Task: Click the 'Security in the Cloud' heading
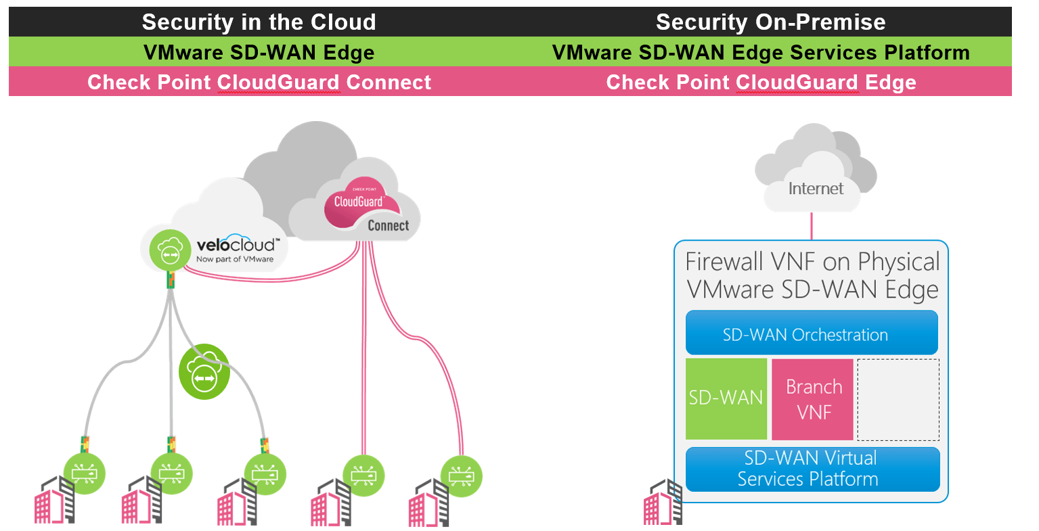(259, 22)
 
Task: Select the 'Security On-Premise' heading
(770, 22)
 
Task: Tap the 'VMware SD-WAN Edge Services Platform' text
(761, 52)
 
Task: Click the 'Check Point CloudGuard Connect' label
(259, 83)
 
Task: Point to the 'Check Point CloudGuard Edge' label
(761, 83)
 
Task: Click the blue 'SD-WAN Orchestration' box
(811, 333)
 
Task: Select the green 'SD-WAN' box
(726, 398)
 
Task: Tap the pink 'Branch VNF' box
(812, 399)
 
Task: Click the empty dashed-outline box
(898, 399)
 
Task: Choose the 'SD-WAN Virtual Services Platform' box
(812, 469)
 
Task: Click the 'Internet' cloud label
(816, 189)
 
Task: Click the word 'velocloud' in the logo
(236, 245)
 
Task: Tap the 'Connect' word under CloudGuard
(388, 226)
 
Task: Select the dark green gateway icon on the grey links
(204, 372)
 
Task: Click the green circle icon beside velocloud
(170, 248)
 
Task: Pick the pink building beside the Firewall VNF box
(662, 503)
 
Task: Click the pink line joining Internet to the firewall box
(812, 226)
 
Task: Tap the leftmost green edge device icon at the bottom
(85, 474)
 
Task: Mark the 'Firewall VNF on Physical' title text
(812, 262)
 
